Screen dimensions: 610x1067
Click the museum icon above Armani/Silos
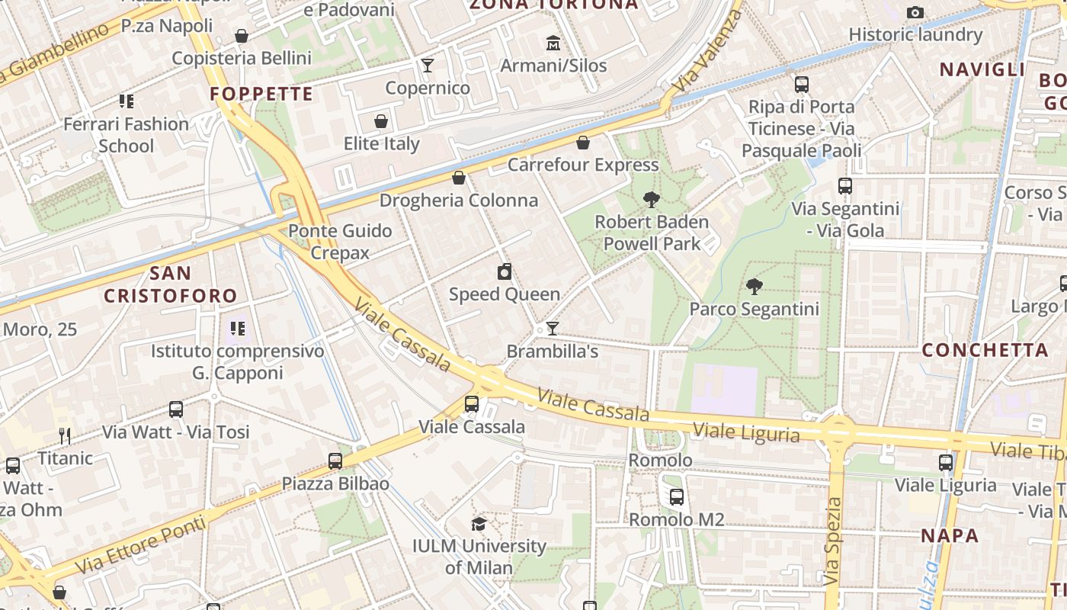(x=553, y=43)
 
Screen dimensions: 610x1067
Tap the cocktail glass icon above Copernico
(x=428, y=65)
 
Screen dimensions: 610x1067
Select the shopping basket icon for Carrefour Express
(x=583, y=143)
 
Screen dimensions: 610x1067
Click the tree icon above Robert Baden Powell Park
(x=651, y=200)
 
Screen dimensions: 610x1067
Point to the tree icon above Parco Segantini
(x=755, y=287)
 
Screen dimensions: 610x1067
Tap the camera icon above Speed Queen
(x=504, y=271)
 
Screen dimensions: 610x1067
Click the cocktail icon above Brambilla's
(x=553, y=329)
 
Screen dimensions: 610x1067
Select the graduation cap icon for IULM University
(x=479, y=524)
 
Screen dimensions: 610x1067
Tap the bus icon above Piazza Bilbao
(x=335, y=461)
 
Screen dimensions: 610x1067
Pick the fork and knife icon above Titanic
(x=65, y=436)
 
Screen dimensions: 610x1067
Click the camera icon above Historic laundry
(x=915, y=12)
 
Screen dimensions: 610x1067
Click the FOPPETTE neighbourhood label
(x=261, y=94)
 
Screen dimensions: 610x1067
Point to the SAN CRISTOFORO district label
(x=170, y=284)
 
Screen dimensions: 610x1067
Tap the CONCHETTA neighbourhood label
(x=985, y=350)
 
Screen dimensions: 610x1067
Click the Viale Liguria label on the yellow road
(x=746, y=433)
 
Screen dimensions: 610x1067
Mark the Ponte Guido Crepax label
(x=340, y=242)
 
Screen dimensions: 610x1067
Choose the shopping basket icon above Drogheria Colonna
(x=459, y=178)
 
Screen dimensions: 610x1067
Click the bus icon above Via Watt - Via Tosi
(x=176, y=409)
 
